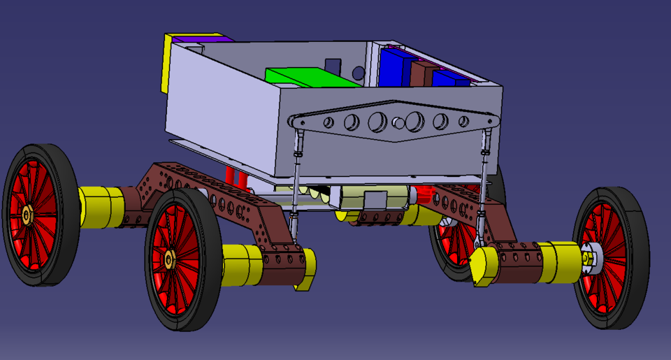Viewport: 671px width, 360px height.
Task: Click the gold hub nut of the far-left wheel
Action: [x=27, y=214]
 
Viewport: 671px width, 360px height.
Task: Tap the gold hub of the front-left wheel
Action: [x=169, y=260]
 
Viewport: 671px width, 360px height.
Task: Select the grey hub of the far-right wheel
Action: [x=592, y=258]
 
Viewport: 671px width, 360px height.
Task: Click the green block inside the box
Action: [x=308, y=78]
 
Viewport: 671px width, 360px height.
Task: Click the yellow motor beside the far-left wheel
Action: [x=101, y=207]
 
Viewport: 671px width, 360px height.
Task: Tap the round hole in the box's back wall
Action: [x=359, y=72]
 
